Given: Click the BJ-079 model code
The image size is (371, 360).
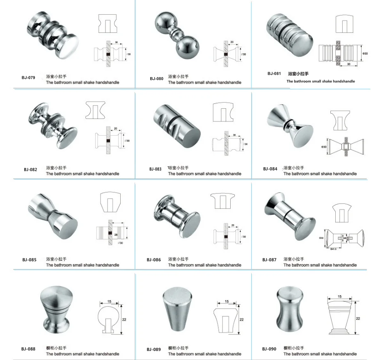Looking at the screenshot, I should pyautogui.click(x=28, y=77).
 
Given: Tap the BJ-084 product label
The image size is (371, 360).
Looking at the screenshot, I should pyautogui.click(x=270, y=169).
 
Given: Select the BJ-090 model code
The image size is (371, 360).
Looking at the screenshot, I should pyautogui.click(x=270, y=349).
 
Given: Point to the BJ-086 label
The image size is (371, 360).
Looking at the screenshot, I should pyautogui.click(x=153, y=260).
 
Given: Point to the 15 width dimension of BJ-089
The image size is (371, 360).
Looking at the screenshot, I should pyautogui.click(x=227, y=302).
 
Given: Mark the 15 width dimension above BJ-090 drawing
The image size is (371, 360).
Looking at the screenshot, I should pyautogui.click(x=339, y=296).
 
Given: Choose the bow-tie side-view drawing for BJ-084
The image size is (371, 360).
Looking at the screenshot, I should pyautogui.click(x=345, y=146).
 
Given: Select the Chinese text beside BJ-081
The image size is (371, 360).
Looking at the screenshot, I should pyautogui.click(x=298, y=74).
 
